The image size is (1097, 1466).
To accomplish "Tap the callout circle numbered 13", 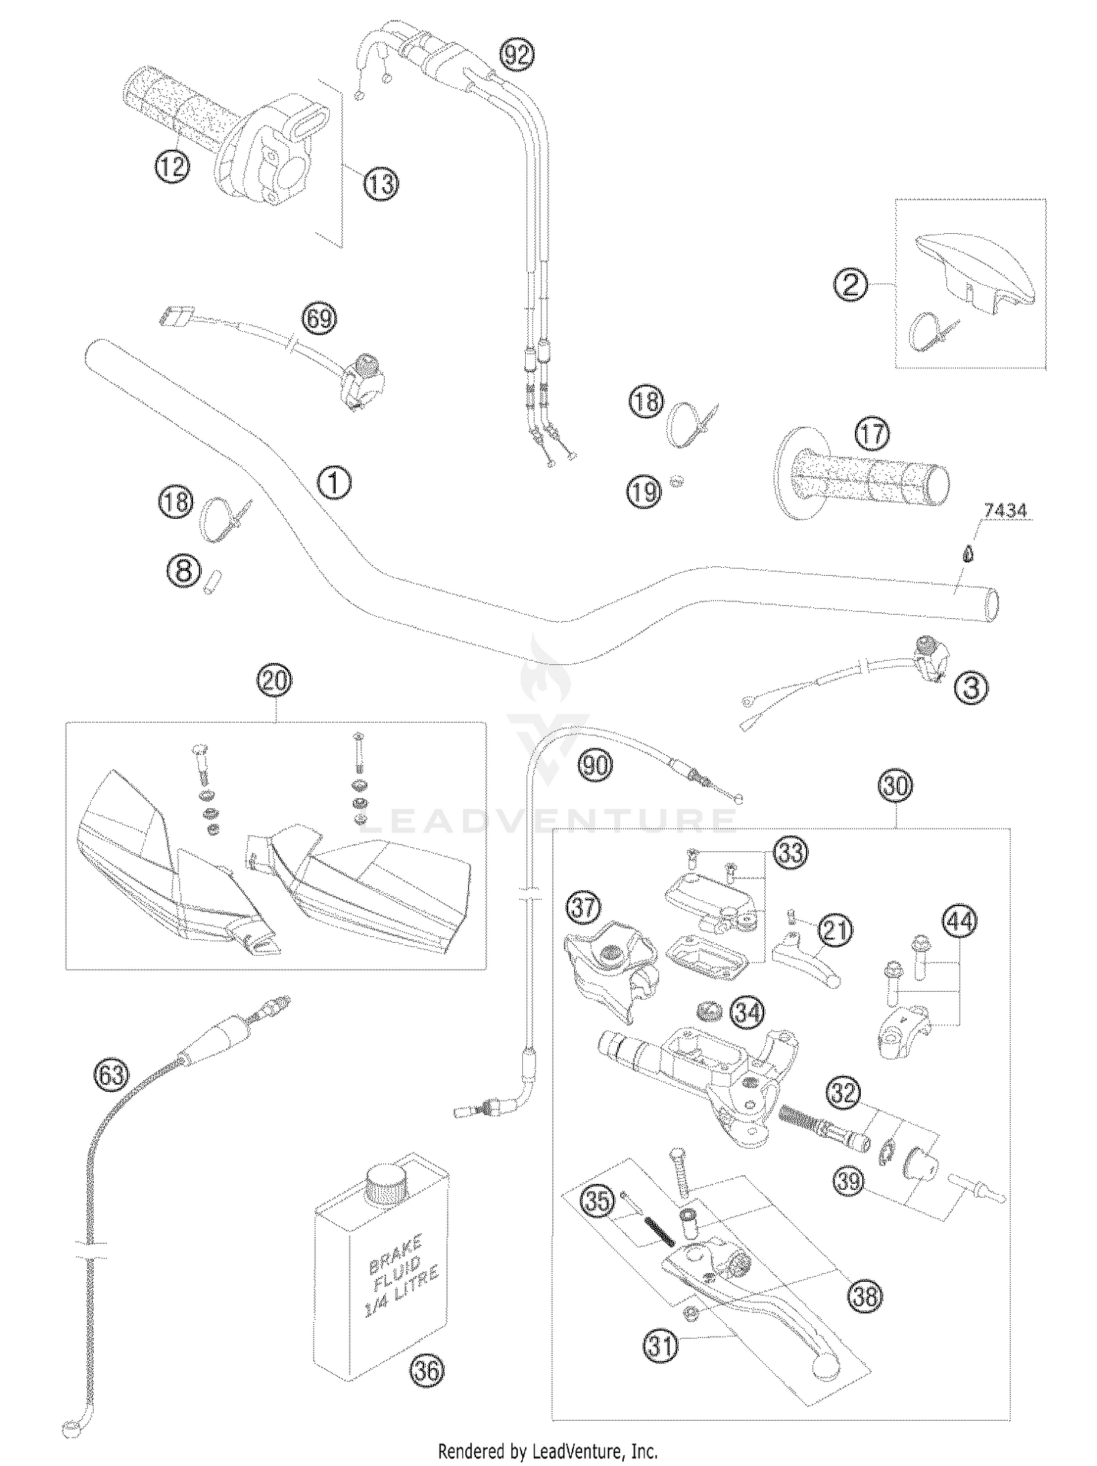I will click(381, 183).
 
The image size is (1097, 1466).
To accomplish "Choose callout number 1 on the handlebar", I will click(333, 483).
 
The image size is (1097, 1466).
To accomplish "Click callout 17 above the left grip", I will click(872, 433).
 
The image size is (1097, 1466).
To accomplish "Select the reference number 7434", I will click(1005, 512).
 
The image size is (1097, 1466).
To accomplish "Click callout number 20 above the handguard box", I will click(275, 681).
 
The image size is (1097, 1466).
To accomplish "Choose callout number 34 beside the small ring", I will click(747, 1013).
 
